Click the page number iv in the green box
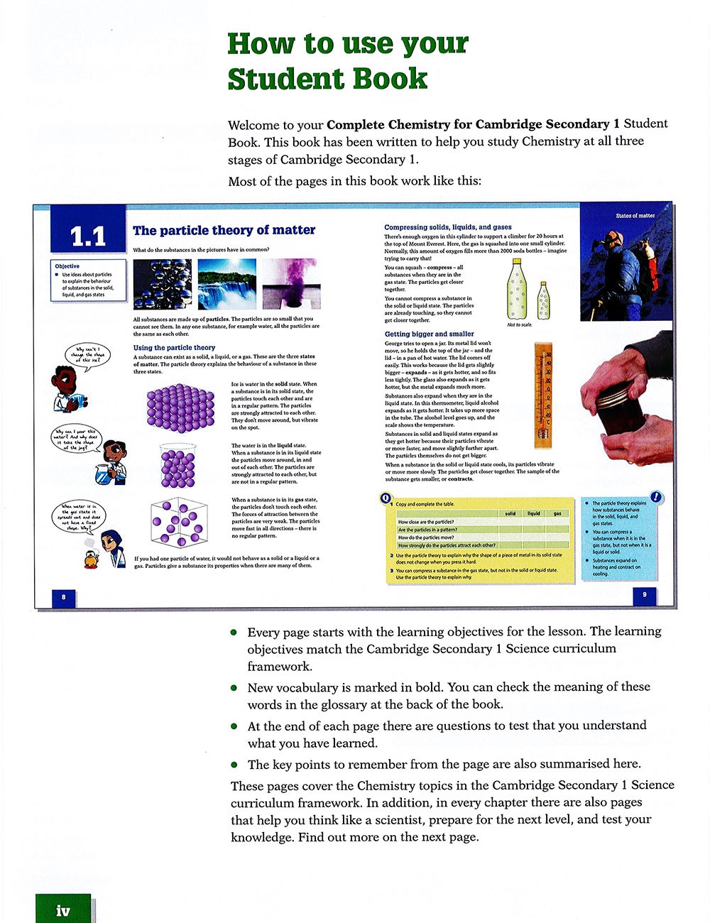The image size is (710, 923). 63,910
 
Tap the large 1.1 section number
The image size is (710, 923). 88,236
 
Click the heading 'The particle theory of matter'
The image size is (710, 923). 224,230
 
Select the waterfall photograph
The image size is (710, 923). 226,283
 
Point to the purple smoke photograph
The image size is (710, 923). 291,283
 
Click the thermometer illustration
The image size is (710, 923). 543,394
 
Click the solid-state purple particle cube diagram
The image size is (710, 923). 180,408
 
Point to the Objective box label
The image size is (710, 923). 67,266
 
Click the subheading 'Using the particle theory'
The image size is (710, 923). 174,348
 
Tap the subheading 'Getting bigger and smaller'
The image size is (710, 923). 429,334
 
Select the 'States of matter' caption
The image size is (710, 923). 635,215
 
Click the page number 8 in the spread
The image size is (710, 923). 64,597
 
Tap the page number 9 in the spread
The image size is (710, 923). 644,594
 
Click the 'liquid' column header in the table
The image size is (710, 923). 533,513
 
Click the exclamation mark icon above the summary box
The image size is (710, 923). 656,498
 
